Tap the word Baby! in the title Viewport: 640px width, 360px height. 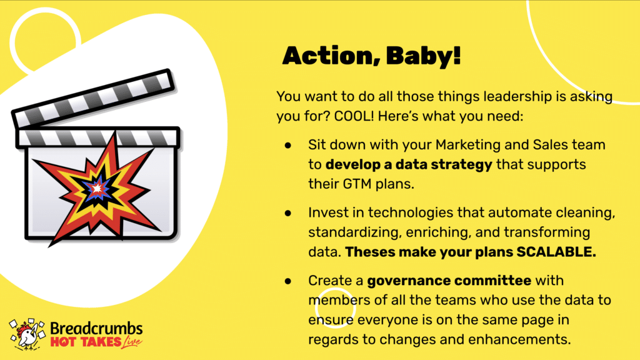[424, 55]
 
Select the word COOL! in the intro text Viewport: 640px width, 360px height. [354, 116]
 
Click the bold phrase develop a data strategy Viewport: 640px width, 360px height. [409, 164]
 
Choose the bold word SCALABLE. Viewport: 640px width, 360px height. [556, 252]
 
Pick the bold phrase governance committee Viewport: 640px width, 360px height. [449, 281]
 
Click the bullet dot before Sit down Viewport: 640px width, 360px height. [288, 145]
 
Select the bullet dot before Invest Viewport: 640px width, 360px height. [288, 212]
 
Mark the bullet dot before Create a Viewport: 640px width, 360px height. [288, 281]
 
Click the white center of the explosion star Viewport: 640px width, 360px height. [97, 189]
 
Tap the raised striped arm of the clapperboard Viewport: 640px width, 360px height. [94, 98]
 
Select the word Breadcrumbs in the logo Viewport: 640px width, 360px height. [96, 329]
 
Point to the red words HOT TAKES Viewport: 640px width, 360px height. [86, 342]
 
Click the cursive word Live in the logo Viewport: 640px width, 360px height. [131, 342]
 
